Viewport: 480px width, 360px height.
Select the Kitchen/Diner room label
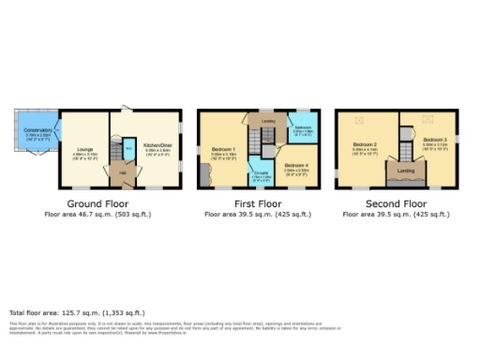click(154, 145)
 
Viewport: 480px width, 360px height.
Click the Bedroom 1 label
click(224, 149)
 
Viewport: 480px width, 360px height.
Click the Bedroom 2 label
click(365, 146)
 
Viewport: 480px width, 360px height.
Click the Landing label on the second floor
click(405, 171)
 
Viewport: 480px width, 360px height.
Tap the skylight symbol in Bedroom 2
click(361, 119)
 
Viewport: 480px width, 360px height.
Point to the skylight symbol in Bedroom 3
click(429, 118)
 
